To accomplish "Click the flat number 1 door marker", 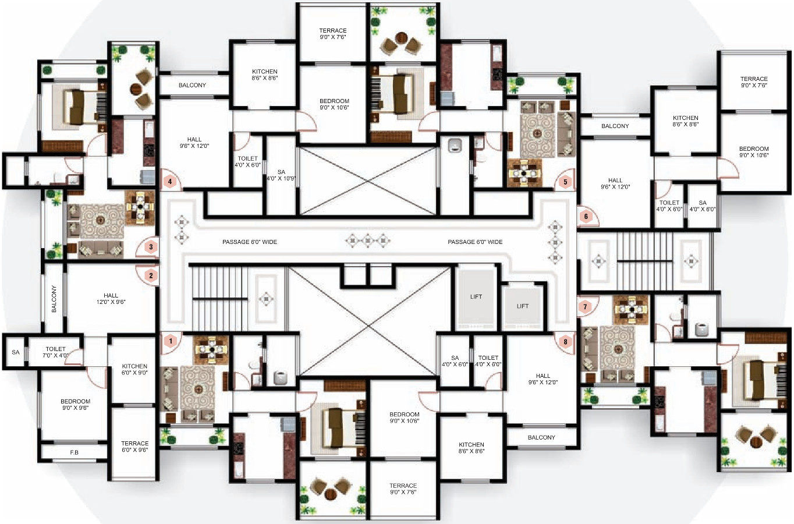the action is click(171, 341).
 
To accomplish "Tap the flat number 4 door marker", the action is click(170, 182).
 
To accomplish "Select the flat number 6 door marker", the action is click(586, 217).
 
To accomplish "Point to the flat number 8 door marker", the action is click(565, 342).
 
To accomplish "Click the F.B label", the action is click(74, 452).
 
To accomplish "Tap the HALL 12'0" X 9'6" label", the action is click(111, 299).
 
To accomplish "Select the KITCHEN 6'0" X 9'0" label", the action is click(134, 369).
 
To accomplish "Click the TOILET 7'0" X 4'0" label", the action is click(56, 352).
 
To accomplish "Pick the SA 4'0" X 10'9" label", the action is click(281, 175).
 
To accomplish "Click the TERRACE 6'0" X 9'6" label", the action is click(134, 447).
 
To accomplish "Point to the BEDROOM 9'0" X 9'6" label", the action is click(76, 405).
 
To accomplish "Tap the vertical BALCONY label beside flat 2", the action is click(54, 299).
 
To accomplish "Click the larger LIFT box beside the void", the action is click(476, 297).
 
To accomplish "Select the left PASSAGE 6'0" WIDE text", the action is click(250, 242).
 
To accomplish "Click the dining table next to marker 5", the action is click(524, 173).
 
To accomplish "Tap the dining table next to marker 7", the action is click(632, 310).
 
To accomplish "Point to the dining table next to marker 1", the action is click(212, 350).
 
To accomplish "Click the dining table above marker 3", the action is click(140, 206).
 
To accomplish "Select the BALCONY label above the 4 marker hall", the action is click(192, 85).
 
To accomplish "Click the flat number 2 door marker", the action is click(151, 275).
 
